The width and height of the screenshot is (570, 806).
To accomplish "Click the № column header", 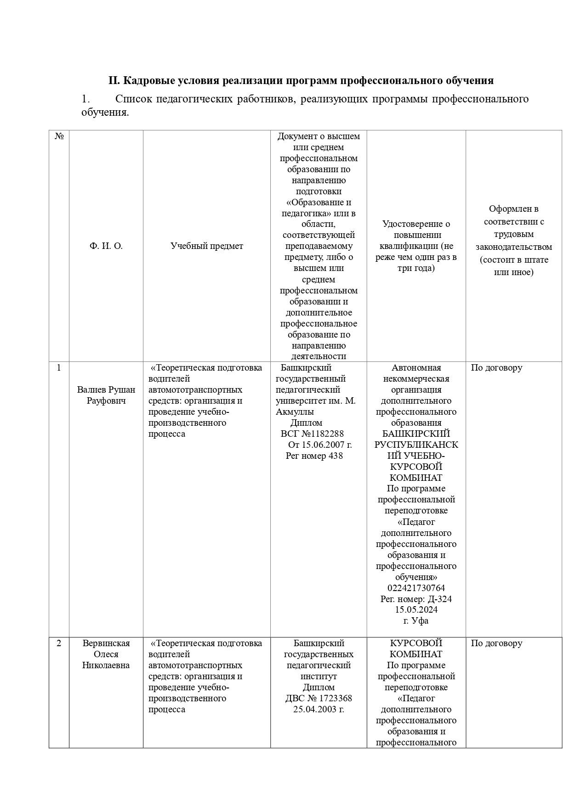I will click(59, 136).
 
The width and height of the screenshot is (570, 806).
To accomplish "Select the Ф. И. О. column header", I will click(106, 246).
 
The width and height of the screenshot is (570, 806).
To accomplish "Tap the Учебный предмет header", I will click(206, 246).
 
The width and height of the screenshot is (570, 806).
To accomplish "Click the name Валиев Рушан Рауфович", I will click(106, 395).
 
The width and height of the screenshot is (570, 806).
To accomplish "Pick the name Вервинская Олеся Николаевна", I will click(106, 654).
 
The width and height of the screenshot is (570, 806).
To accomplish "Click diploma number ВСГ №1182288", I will click(312, 434).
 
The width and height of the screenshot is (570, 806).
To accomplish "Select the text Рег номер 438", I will click(314, 456).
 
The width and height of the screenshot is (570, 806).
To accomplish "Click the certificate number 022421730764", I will click(416, 588).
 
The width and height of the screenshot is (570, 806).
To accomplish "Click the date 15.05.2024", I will click(416, 610).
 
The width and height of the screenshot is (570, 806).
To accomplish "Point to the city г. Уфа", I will click(416, 621).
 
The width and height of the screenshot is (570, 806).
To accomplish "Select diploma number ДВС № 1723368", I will click(319, 698).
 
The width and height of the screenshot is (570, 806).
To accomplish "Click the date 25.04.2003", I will click(319, 709).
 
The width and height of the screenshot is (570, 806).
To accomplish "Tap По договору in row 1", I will click(496, 367).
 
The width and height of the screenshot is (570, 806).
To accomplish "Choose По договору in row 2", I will click(496, 643).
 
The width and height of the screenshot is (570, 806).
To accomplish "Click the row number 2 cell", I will click(59, 643).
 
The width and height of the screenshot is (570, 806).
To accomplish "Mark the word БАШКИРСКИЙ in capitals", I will click(416, 434).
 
